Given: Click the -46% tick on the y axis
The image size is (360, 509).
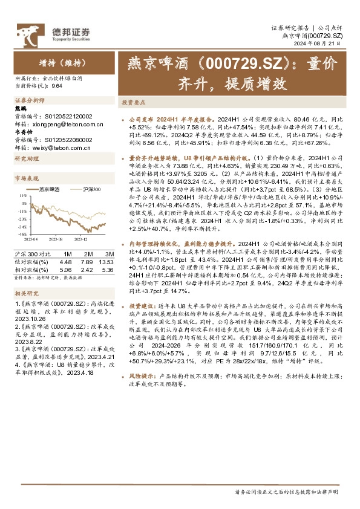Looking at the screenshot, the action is pyautogui.click(x=22, y=234).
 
